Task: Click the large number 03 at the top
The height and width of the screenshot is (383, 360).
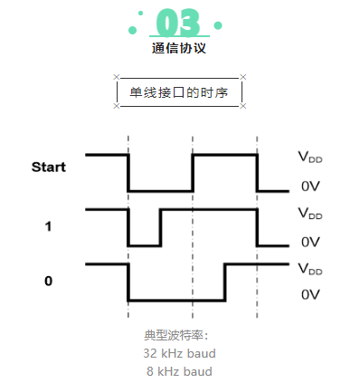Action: click(x=179, y=22)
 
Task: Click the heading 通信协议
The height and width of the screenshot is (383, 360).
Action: click(x=179, y=49)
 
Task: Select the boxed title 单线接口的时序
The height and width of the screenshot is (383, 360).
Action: click(x=179, y=92)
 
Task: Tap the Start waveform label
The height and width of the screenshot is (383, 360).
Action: click(x=49, y=167)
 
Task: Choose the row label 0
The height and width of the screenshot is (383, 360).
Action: click(x=48, y=281)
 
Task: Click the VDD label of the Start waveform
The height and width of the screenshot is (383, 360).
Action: click(x=310, y=156)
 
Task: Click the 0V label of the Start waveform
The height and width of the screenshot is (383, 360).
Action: click(x=310, y=187)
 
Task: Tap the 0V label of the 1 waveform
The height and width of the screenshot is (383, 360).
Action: click(x=310, y=242)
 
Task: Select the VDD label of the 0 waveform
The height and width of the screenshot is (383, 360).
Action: click(x=310, y=268)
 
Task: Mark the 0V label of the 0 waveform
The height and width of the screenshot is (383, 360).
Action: click(x=310, y=295)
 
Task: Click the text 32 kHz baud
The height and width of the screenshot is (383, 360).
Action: click(x=179, y=353)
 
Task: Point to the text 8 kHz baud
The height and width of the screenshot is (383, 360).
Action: click(x=179, y=370)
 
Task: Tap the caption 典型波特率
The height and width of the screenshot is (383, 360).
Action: click(x=179, y=336)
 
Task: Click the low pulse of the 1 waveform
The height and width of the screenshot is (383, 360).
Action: click(x=145, y=244)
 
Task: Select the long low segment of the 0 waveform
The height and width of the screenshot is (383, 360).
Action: click(x=176, y=300)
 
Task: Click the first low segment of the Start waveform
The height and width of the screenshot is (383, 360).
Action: click(x=160, y=190)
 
